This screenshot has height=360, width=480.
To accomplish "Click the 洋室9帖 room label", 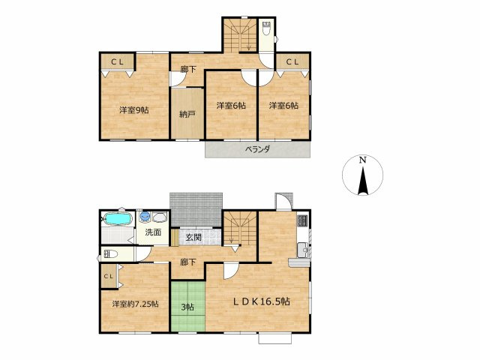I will pyautogui.click(x=133, y=110).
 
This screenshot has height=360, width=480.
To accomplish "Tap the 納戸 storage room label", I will pyautogui.click(x=187, y=115).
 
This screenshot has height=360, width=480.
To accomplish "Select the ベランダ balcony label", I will pyautogui.click(x=257, y=149).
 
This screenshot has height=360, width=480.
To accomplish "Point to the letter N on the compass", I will pyautogui.click(x=362, y=160).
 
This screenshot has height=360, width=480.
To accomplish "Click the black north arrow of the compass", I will pyautogui.click(x=362, y=181).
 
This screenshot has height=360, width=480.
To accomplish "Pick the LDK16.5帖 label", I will pyautogui.click(x=261, y=301).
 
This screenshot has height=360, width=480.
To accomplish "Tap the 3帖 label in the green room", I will pyautogui.click(x=187, y=306).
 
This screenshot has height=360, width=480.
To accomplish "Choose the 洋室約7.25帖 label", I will pyautogui.click(x=134, y=304).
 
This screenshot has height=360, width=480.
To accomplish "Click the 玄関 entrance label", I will pyautogui.click(x=193, y=238).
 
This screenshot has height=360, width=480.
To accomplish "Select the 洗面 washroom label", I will pyautogui.click(x=153, y=232).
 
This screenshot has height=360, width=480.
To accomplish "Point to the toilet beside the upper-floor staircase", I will pyautogui.click(x=268, y=33).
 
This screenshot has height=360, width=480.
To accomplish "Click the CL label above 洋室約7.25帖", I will pyautogui.click(x=108, y=277).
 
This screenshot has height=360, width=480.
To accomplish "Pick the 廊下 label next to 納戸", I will pyautogui.click(x=188, y=70).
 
